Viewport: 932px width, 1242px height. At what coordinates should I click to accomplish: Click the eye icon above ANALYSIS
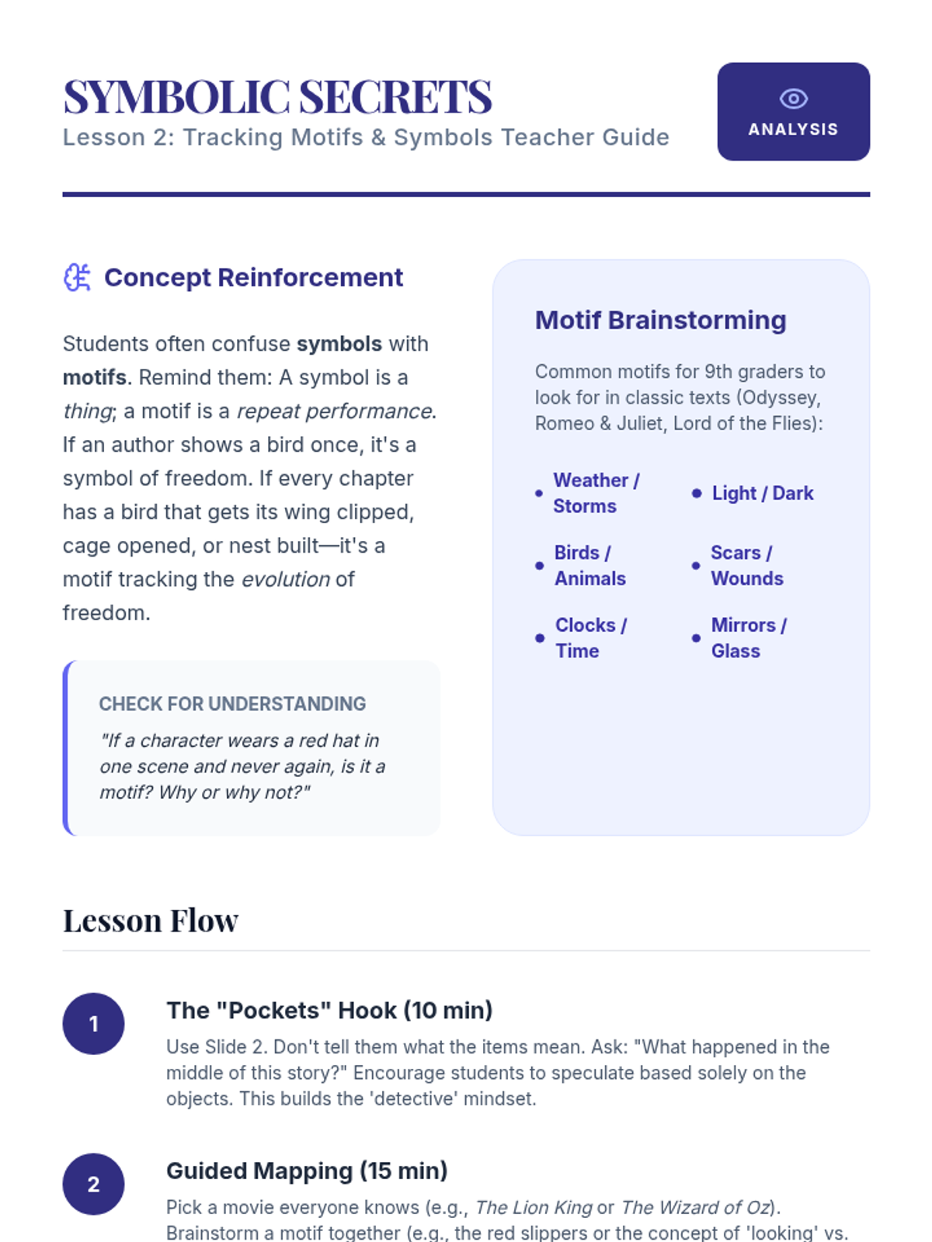click(x=793, y=99)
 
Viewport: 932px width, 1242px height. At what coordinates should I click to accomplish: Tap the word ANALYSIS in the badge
click(x=793, y=130)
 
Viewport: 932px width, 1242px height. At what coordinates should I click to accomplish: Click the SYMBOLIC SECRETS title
click(x=277, y=97)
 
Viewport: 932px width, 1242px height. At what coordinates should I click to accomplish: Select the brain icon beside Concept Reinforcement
click(x=77, y=277)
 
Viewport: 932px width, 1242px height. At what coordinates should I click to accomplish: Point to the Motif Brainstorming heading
click(x=660, y=320)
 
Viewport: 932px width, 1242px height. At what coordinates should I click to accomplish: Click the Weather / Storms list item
click(x=596, y=493)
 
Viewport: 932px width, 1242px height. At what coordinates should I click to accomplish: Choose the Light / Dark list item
click(x=762, y=493)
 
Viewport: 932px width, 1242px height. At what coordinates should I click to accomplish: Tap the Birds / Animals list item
click(x=589, y=565)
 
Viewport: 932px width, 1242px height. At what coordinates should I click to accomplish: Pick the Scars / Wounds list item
click(x=746, y=565)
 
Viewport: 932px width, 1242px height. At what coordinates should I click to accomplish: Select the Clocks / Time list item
click(x=590, y=637)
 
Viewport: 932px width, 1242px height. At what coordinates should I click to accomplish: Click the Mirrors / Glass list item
click(x=748, y=637)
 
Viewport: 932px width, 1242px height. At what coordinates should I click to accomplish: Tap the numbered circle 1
click(x=93, y=1024)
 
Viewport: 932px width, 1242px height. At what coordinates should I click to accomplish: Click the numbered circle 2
click(x=93, y=1184)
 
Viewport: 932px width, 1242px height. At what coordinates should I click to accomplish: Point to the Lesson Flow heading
click(x=151, y=921)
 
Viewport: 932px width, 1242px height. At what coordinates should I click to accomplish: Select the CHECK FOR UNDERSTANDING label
click(x=232, y=704)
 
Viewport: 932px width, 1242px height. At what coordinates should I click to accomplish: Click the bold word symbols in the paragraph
click(x=339, y=344)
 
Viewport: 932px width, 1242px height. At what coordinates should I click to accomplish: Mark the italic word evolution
click(x=286, y=579)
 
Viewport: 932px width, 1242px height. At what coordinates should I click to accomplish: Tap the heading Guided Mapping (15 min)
click(x=307, y=1171)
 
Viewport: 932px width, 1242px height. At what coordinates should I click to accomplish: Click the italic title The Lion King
click(x=534, y=1207)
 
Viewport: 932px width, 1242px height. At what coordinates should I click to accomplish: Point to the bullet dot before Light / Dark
click(x=697, y=493)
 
